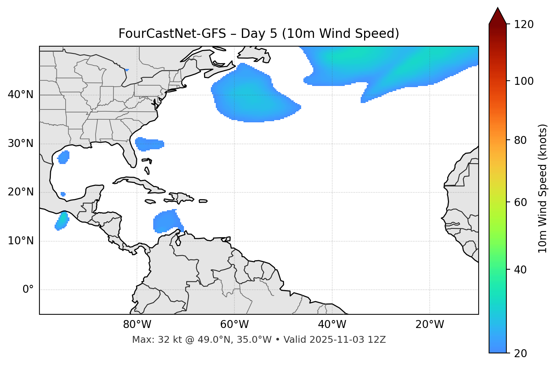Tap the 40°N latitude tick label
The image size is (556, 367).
pyautogui.click(x=20, y=95)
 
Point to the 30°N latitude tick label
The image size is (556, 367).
pyautogui.click(x=20, y=144)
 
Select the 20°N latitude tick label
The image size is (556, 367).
pyautogui.click(x=20, y=192)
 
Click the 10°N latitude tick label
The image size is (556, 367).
pyautogui.click(x=20, y=241)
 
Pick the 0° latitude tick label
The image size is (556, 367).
pyautogui.click(x=28, y=290)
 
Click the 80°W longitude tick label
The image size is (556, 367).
pyautogui.click(x=137, y=325)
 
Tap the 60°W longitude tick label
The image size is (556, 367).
pyautogui.click(x=234, y=325)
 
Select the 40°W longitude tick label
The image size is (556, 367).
pyautogui.click(x=332, y=325)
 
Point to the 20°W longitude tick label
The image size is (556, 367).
pyautogui.click(x=429, y=325)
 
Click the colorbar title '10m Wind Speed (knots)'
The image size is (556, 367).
pyautogui.click(x=543, y=188)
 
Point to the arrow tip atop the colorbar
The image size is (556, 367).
pyautogui.click(x=498, y=8)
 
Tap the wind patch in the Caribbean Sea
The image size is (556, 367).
pyautogui.click(x=166, y=221)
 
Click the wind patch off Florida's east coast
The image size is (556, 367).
pyautogui.click(x=149, y=144)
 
